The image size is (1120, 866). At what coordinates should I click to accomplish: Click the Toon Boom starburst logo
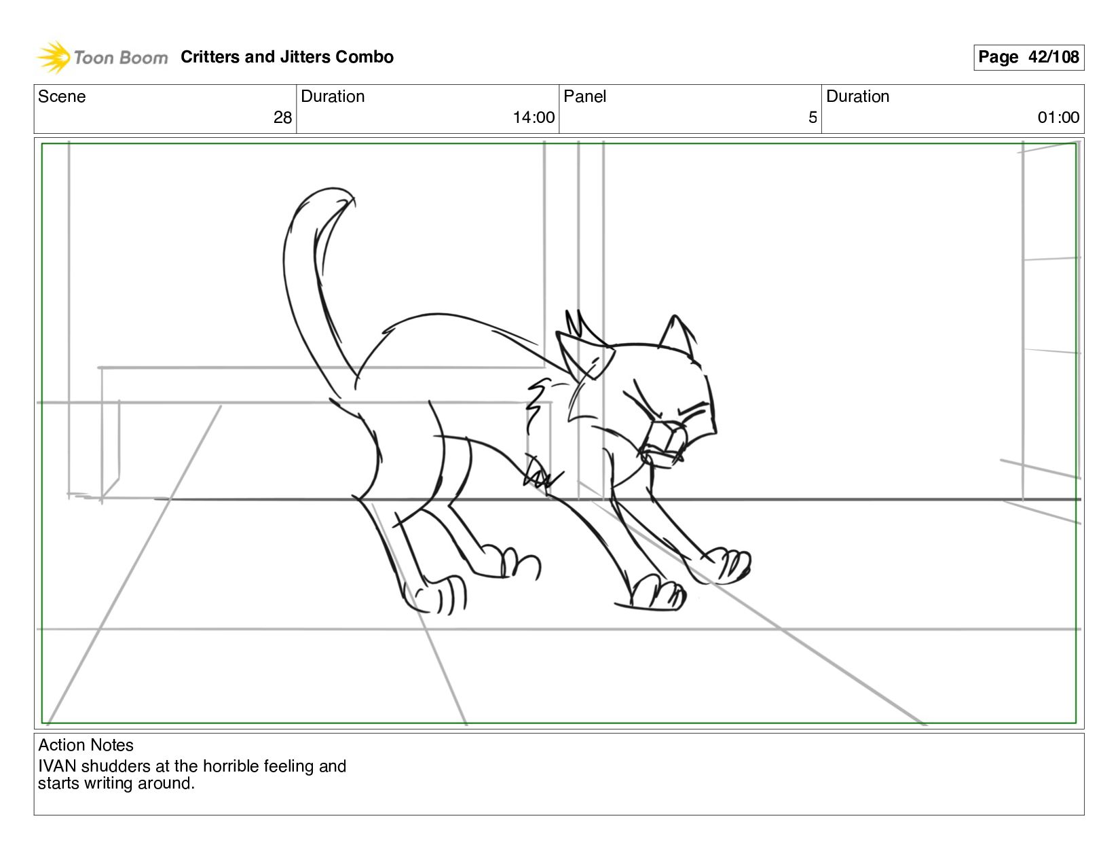(x=53, y=57)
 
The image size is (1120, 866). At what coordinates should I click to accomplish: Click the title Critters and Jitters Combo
(x=286, y=57)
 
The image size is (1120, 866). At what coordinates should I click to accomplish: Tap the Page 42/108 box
(x=1028, y=57)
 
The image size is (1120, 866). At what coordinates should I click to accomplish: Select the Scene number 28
(x=282, y=118)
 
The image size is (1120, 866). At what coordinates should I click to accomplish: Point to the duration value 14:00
(x=534, y=118)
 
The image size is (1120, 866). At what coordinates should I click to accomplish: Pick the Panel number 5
(x=813, y=118)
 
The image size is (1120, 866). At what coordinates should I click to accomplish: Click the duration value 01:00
(x=1058, y=118)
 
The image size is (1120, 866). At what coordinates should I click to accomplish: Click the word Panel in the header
(x=584, y=96)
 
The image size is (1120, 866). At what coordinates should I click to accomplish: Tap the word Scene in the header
(x=62, y=96)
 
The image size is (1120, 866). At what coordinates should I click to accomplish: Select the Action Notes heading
(x=86, y=745)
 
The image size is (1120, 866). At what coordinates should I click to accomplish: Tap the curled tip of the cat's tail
(x=346, y=196)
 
